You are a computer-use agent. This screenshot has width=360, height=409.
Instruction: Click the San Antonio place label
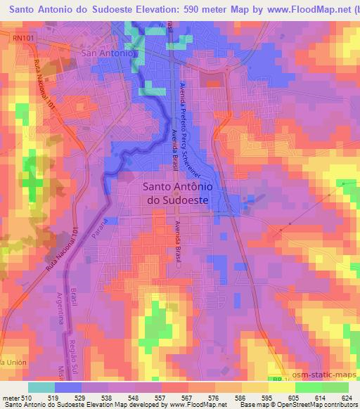click(x=108, y=53)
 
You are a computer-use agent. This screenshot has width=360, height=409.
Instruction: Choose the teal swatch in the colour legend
click(x=41, y=387)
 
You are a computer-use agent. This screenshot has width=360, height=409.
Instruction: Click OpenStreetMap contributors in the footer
click(x=319, y=405)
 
